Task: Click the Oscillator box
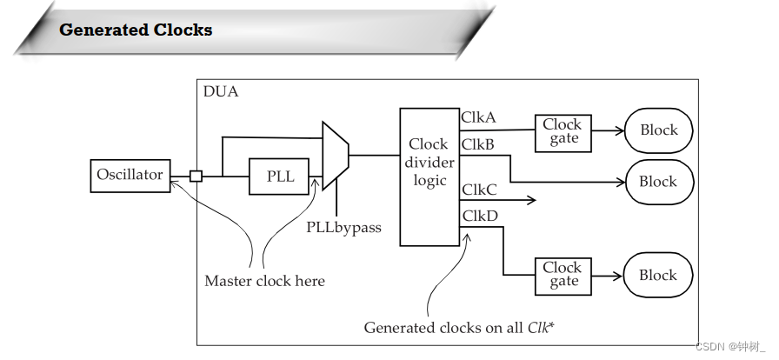[130, 176]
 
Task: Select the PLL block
[280, 177]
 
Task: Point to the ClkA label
[479, 117]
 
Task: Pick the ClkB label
[478, 144]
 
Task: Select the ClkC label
[479, 190]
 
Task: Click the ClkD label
[479, 215]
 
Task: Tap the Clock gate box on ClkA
[563, 131]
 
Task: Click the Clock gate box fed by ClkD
[563, 275]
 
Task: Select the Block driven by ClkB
[658, 182]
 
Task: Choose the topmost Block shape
[658, 130]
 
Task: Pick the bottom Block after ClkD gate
[658, 275]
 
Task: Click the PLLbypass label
[343, 227]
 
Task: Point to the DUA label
[220, 91]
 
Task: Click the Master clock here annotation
[264, 281]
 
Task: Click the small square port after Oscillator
[196, 177]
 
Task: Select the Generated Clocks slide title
[136, 30]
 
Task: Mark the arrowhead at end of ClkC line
[530, 200]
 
